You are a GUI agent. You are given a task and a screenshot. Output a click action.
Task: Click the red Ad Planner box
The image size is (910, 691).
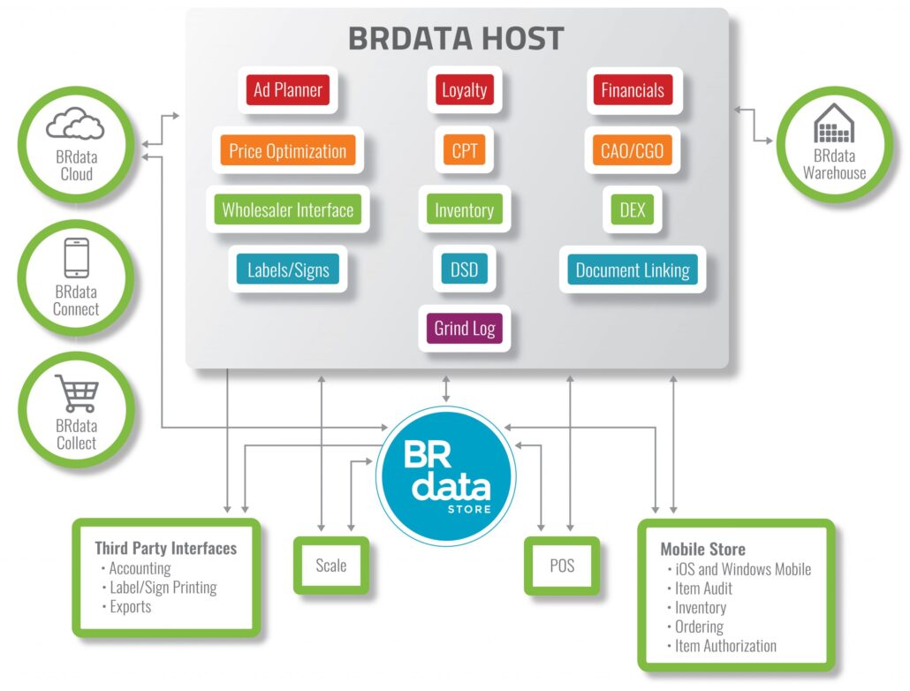pyautogui.click(x=287, y=90)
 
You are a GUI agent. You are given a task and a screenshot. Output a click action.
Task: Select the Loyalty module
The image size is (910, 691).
pyautogui.click(x=464, y=90)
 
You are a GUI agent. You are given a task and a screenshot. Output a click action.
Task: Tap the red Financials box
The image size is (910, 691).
pyautogui.click(x=632, y=90)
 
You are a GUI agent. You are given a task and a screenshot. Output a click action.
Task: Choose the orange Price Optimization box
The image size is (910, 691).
pyautogui.click(x=287, y=151)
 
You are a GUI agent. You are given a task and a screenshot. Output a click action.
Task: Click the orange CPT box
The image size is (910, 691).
pyautogui.click(x=464, y=151)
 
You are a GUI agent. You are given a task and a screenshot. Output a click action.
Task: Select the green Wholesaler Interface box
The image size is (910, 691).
pyautogui.click(x=287, y=210)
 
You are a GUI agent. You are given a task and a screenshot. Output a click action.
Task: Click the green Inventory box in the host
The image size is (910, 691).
pyautogui.click(x=464, y=210)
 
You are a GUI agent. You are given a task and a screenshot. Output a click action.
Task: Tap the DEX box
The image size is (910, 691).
pyautogui.click(x=632, y=210)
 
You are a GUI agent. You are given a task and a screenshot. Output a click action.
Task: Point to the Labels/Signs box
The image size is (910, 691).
pyautogui.click(x=287, y=270)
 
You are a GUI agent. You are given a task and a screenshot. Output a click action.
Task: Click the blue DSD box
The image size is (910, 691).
pyautogui.click(x=464, y=270)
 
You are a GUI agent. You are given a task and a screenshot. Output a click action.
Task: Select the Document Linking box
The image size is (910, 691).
pyautogui.click(x=632, y=270)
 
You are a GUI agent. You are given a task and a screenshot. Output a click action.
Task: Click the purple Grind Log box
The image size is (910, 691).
pyautogui.click(x=464, y=329)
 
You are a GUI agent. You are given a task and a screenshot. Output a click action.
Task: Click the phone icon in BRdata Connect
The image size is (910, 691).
pyautogui.click(x=75, y=258)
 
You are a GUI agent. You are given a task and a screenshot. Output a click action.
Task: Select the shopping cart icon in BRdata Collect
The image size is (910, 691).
pyautogui.click(x=76, y=393)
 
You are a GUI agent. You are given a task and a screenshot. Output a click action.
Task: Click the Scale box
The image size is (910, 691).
pyautogui.click(x=330, y=566)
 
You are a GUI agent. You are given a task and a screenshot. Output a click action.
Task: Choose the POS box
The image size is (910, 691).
pyautogui.click(x=561, y=566)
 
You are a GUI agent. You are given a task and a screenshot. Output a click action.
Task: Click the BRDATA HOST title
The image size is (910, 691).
pyautogui.click(x=455, y=39)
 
